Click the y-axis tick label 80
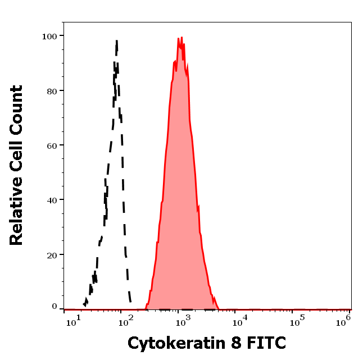pyautogui.click(x=51, y=90)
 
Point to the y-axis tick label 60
pyautogui.click(x=51, y=145)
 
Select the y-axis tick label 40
pyautogui.click(x=51, y=200)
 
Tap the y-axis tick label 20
pyautogui.click(x=51, y=255)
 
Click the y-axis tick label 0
pyautogui.click(x=54, y=307)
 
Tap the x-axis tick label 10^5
pyautogui.click(x=296, y=322)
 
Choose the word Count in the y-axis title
pyautogui.click(x=16, y=110)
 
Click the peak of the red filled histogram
pyautogui.click(x=182, y=38)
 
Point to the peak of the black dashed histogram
pyautogui.click(x=116, y=40)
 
